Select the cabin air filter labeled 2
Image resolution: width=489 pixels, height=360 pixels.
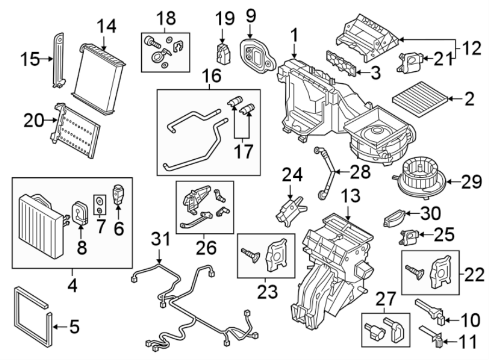click(x=422, y=99)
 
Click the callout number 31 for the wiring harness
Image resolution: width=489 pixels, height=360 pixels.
click(x=159, y=239)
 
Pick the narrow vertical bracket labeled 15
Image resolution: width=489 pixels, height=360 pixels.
click(x=58, y=59)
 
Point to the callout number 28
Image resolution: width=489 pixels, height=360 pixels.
click(x=360, y=173)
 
